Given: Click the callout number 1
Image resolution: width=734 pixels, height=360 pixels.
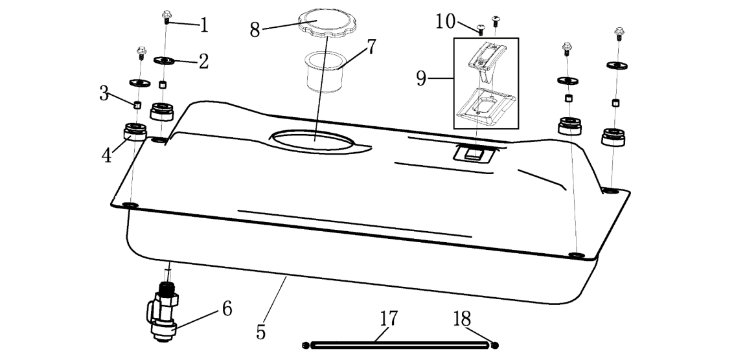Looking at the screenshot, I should [x=204, y=26].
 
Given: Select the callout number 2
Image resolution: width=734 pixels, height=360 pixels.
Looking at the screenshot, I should [x=203, y=62].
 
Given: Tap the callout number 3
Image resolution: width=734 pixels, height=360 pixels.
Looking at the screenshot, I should [x=104, y=93].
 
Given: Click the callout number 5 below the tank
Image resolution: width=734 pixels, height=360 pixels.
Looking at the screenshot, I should [x=261, y=332].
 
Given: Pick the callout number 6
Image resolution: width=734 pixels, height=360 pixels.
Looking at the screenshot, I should [x=227, y=309].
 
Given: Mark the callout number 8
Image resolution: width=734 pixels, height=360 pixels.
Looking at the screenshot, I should [x=255, y=30].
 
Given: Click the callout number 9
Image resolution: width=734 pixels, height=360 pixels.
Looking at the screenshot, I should [x=422, y=79].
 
